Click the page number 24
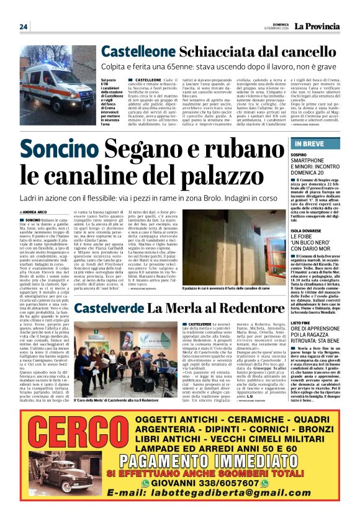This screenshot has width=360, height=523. [24, 27]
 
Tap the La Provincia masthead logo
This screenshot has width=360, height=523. [317, 26]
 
